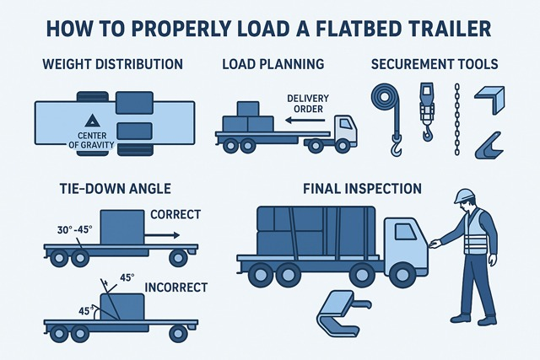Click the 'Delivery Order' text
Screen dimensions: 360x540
pos(308,102)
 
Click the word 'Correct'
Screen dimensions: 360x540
pos(175,214)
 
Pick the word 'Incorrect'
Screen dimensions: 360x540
pos(175,287)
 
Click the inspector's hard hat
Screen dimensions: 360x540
pos(463,196)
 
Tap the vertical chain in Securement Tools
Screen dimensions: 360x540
pos(456,117)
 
